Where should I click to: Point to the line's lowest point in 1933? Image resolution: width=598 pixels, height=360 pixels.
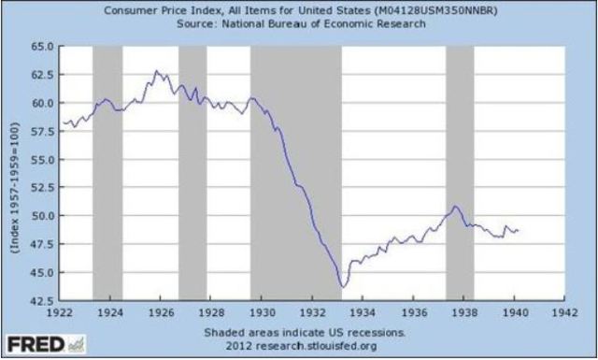(x=343, y=286)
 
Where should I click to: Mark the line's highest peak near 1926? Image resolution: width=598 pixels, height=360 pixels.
(x=156, y=70)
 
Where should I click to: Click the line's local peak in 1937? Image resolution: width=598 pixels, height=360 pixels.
(x=454, y=206)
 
